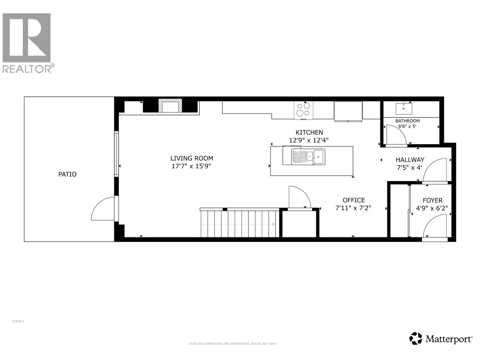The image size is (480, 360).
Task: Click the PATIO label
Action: click(67, 174)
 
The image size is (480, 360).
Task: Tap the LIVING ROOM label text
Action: click(192, 158)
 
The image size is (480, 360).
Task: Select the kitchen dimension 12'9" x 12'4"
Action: click(309, 140)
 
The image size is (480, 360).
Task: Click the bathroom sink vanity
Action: click(404, 109)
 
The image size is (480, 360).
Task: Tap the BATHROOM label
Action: click(407, 121)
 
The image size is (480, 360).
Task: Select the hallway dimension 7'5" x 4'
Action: click(409, 167)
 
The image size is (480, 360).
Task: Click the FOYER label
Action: click(433, 200)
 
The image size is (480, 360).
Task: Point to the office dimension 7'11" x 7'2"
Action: click(353, 208)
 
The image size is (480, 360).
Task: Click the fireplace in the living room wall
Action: click(170, 106)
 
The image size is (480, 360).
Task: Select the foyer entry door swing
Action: click(435, 227)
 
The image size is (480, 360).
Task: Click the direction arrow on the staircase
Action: click(273, 224)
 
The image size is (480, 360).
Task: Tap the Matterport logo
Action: click(441, 339)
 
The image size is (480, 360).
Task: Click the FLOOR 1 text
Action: click(18, 321)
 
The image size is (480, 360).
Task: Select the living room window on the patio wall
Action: click(116, 154)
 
